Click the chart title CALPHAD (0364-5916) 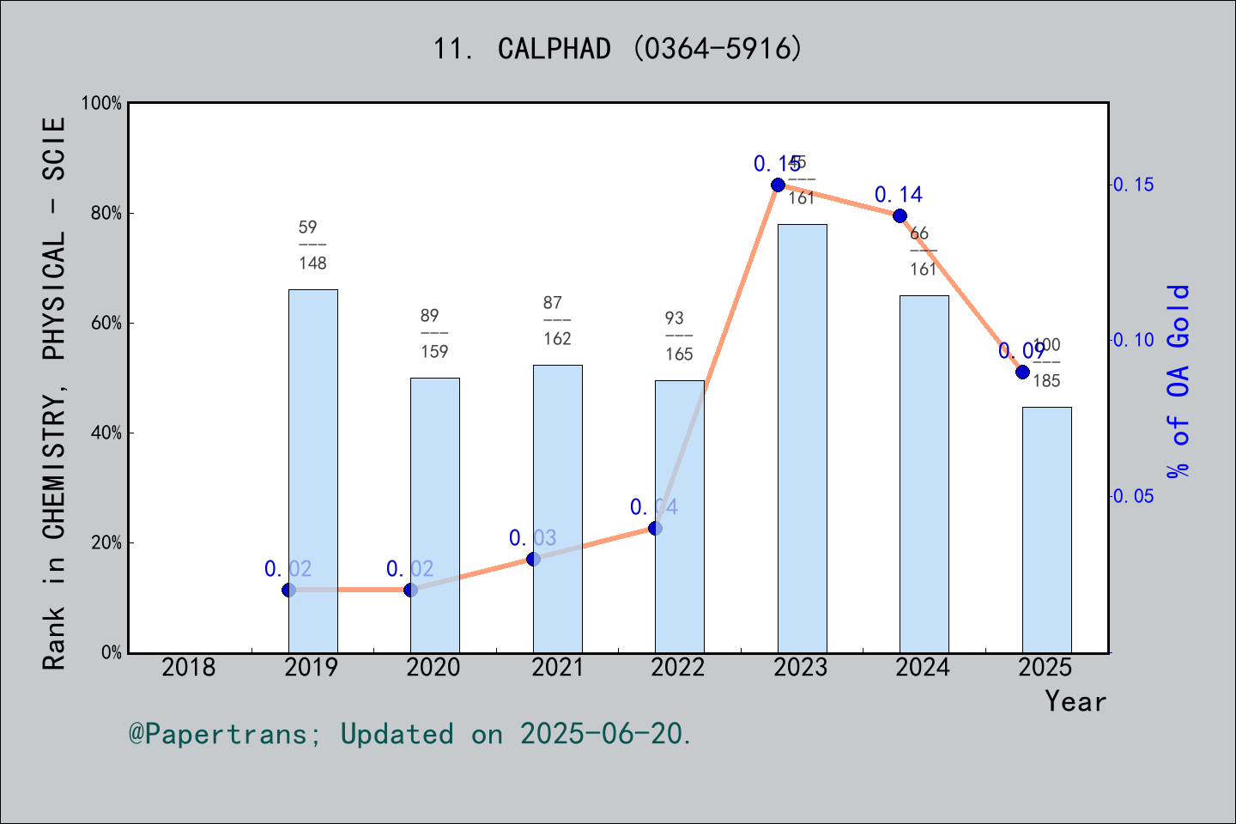point(618,49)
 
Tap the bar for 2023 point(802,438)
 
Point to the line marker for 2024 point(900,215)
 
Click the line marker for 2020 point(410,590)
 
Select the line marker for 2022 point(655,528)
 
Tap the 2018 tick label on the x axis point(189,667)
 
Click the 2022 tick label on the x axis point(678,667)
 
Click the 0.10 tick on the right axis point(1134,340)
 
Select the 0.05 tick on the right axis point(1134,496)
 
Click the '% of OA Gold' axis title point(1178,381)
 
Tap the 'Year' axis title point(1075,701)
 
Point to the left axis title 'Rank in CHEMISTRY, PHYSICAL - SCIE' point(54,393)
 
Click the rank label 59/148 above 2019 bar point(312,245)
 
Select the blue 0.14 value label point(899,195)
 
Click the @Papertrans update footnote point(410,734)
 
